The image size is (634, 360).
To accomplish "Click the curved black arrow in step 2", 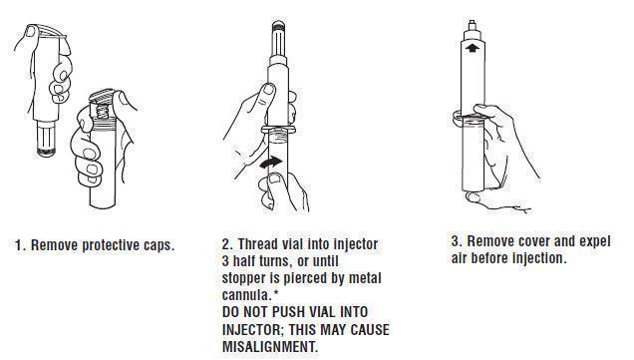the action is coord(271,163).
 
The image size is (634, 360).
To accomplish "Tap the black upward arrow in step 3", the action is coord(472,48).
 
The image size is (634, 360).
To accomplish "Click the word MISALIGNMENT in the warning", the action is coord(270,347).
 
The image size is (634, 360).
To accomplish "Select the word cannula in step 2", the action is coord(246,295).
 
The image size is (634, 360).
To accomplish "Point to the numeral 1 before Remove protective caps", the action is coord(19,245).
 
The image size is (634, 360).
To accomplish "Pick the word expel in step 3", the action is coord(595,241).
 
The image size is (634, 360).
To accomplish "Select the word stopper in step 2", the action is coord(243,278).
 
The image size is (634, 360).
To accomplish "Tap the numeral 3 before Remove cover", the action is coord(456,241).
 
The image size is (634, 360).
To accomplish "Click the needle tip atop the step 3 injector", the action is coord(472,22).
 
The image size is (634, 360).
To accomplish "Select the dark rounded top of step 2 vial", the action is coord(278,26).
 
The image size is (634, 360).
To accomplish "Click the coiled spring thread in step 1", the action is coord(103,110).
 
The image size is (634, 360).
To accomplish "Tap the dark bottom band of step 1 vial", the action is coord(47,152).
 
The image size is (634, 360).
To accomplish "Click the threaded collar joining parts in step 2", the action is coord(278,131).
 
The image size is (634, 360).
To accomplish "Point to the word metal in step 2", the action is coord(365,278).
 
